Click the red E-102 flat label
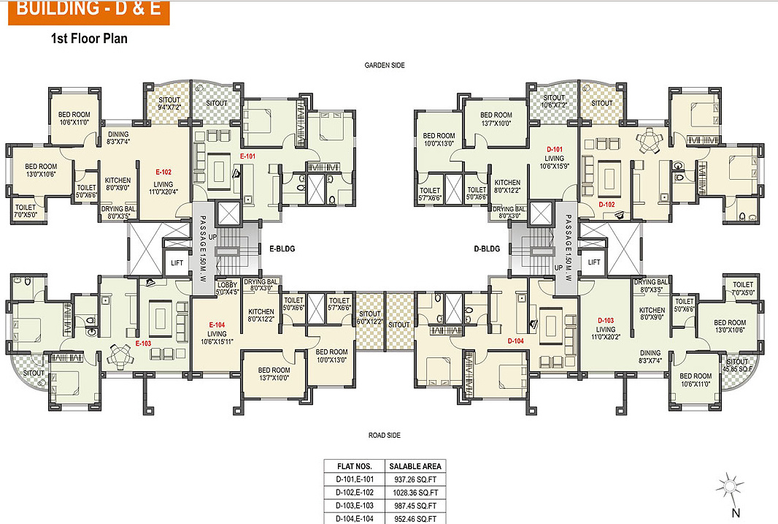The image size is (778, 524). tap(163, 172)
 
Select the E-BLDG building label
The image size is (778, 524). tap(281, 248)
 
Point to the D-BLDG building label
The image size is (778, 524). tap(487, 248)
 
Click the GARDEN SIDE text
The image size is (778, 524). tap(385, 65)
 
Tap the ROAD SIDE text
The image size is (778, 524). tap(385, 436)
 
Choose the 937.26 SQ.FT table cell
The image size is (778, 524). tap(415, 479)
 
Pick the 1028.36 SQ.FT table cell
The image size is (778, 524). tap(415, 492)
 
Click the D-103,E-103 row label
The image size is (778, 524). tap(355, 505)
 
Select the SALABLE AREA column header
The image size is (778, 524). tap(415, 466)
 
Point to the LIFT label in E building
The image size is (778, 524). tap(177, 262)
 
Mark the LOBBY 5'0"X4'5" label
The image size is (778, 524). tap(228, 289)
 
